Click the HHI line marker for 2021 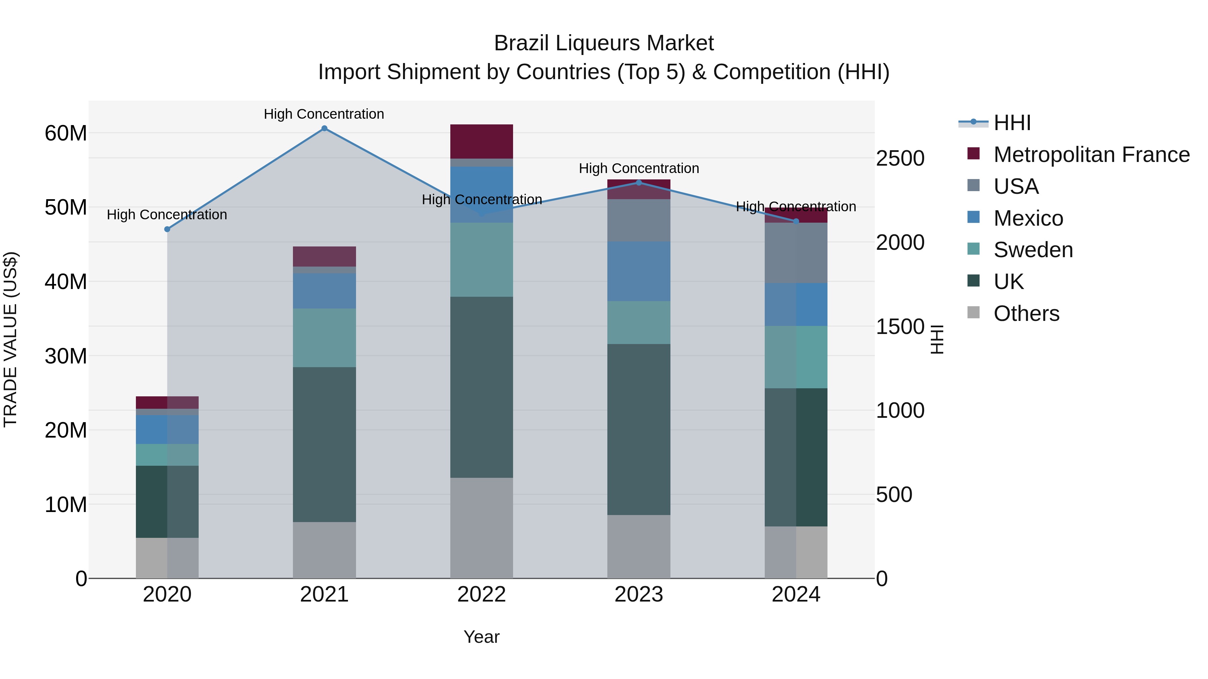point(324,128)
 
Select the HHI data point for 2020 point(167,229)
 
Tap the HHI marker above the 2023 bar point(639,183)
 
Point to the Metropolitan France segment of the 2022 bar point(482,142)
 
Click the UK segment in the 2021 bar point(324,444)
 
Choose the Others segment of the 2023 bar point(639,547)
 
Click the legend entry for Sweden point(1033,250)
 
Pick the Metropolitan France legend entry point(1091,155)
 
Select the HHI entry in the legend point(1012,123)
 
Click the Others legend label point(1026,314)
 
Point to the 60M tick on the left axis point(66,133)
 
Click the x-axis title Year point(482,637)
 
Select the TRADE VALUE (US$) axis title point(10,339)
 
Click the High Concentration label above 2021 point(324,114)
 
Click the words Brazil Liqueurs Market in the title point(604,43)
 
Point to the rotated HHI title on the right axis point(937,339)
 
